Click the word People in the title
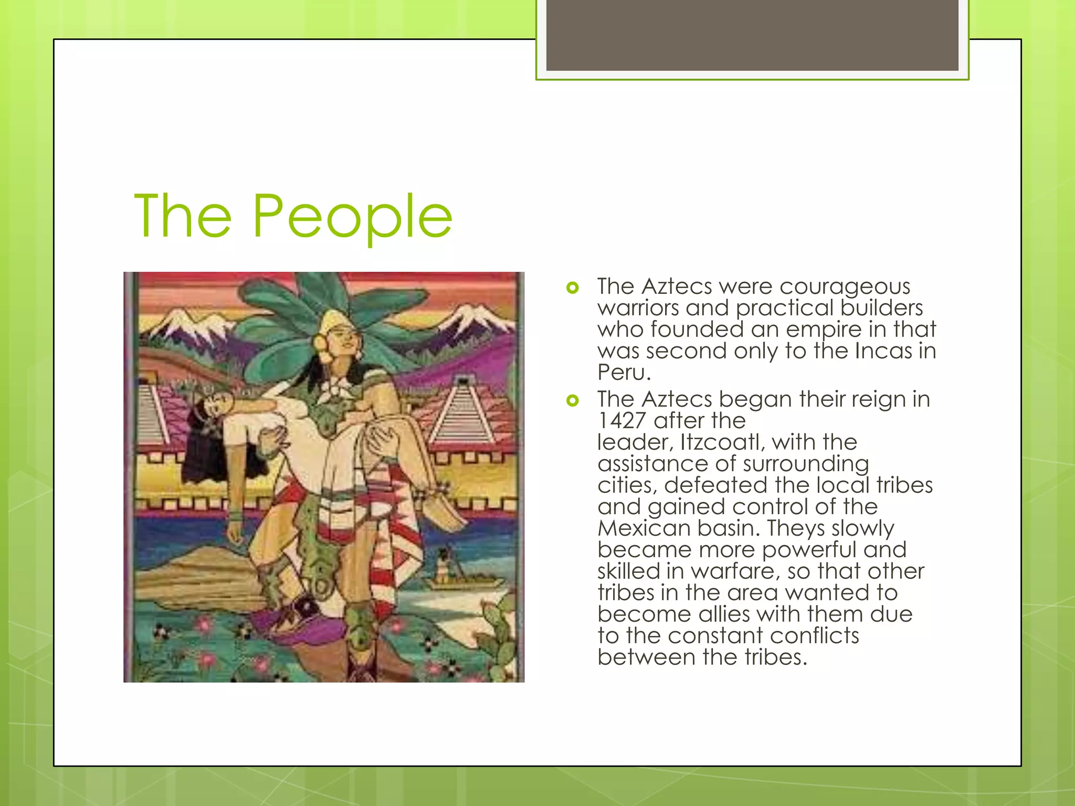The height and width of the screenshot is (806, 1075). pos(352,216)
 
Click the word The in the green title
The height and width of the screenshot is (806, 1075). pos(183,216)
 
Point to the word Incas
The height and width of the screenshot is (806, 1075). pos(883,351)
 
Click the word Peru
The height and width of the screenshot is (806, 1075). pos(624,373)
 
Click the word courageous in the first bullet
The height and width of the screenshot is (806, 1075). pos(845,287)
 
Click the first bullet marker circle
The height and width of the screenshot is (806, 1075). pos(573,288)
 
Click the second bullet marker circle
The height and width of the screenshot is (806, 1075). pos(573,401)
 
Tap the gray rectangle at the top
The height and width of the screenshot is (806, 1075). pos(752,35)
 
